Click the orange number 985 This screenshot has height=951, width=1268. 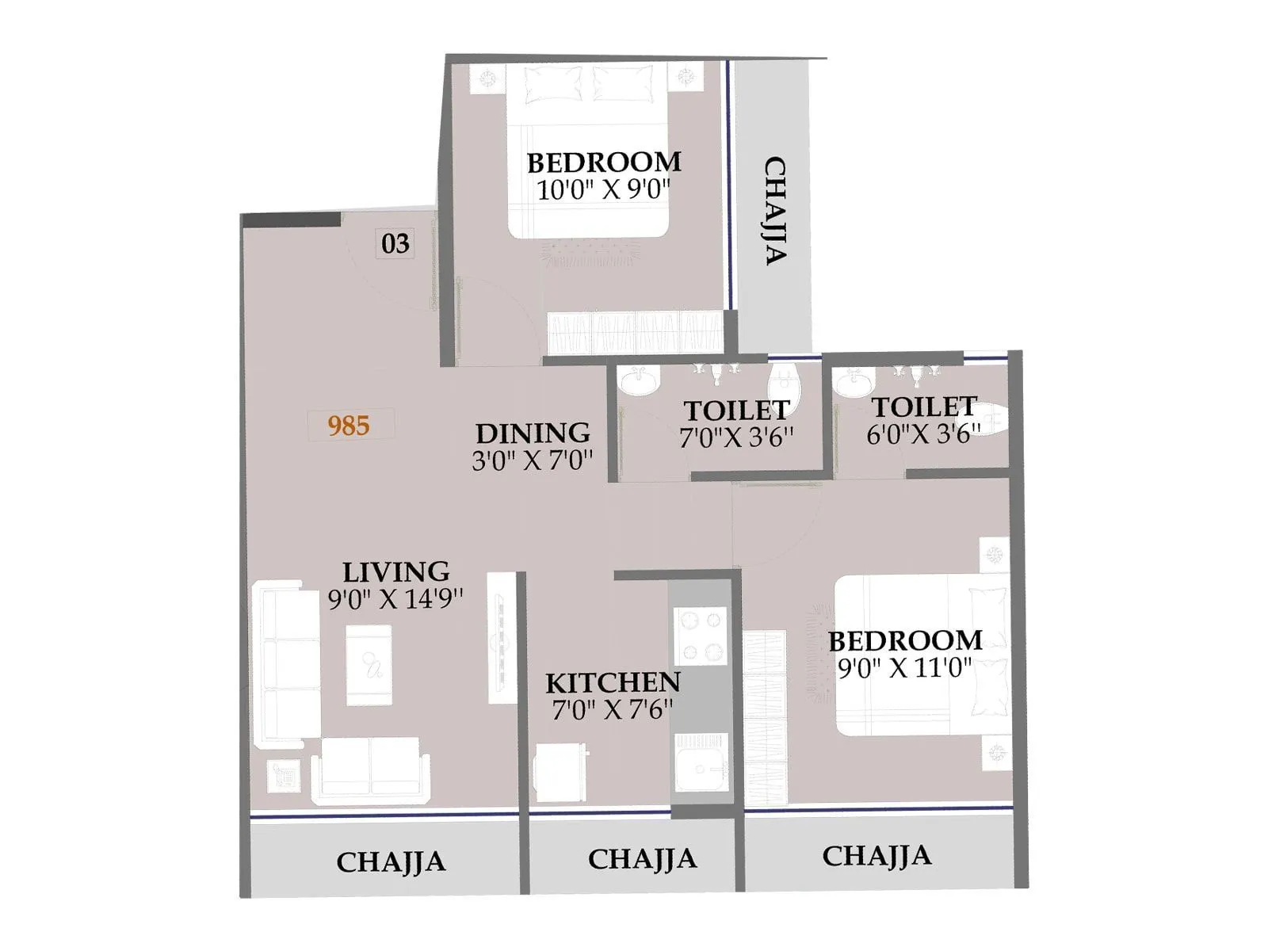coord(349,426)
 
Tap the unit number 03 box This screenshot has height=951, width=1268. coord(395,243)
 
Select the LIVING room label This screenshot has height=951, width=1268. coord(395,571)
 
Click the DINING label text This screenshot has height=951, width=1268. coord(533,433)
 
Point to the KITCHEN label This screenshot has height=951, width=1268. coord(613,682)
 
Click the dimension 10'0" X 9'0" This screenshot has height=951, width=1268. coord(603,190)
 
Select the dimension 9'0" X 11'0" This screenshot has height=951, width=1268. coord(904,668)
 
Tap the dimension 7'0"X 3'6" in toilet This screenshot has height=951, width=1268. coord(736,437)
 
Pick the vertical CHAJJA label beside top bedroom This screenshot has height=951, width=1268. coord(774,210)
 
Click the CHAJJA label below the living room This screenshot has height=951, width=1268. coord(391,861)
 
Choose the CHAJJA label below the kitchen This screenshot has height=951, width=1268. coord(642,858)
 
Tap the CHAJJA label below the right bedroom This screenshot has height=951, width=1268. coord(877,856)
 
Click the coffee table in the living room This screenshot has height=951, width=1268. coord(369,664)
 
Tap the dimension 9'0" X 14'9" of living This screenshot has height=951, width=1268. coord(395,599)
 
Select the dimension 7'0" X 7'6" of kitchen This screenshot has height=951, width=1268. coord(612,710)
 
